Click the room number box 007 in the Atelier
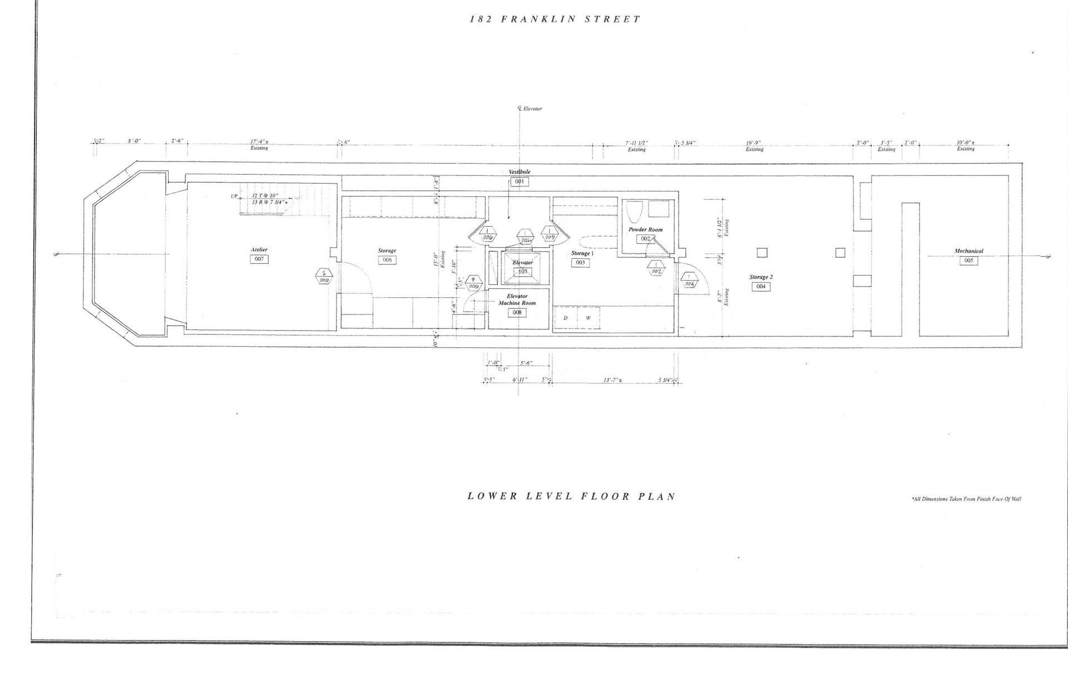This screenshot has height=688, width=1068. (259, 259)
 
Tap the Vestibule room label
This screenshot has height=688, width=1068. (520, 172)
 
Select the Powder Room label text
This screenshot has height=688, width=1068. (645, 229)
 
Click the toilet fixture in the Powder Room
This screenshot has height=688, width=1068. (634, 212)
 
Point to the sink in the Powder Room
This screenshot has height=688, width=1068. (659, 209)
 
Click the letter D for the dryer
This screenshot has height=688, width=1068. (566, 318)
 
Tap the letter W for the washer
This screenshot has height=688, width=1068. (587, 318)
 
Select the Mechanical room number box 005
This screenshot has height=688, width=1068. (968, 261)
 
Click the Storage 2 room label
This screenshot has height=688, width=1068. (760, 277)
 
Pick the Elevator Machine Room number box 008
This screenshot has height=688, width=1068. (517, 313)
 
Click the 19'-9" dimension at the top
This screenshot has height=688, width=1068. (754, 143)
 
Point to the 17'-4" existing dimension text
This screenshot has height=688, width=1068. (259, 142)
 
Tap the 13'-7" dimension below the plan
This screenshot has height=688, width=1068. (613, 381)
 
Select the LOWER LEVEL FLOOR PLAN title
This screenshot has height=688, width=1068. (571, 496)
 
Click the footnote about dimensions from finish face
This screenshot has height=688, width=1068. (966, 499)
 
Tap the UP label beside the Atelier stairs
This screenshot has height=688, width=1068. (234, 196)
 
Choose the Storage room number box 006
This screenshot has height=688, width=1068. (387, 260)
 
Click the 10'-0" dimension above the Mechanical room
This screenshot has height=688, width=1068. (965, 143)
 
